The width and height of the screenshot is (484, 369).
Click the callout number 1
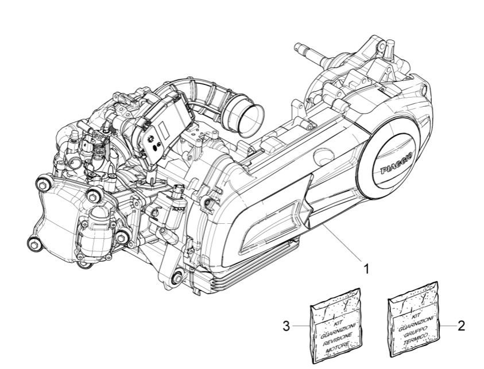[x=363, y=267]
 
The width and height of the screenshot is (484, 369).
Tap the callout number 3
[x=285, y=327]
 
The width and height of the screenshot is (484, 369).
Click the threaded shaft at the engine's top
[x=311, y=54]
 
